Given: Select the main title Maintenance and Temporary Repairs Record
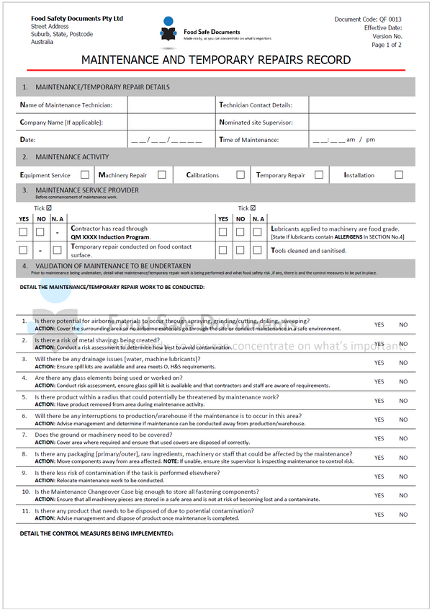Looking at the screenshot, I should click(215, 60).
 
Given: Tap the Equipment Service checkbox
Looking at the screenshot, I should click(85, 174).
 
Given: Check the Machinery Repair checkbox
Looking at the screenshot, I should click(162, 174).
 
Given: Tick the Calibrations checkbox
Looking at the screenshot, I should click(238, 174).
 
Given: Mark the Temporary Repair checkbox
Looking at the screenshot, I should click(318, 174).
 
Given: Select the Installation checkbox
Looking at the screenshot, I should click(398, 174).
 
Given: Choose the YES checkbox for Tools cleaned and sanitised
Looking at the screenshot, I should click(223, 250).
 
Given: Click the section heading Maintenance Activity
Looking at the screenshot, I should click(72, 156).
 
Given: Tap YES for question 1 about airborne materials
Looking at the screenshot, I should click(379, 325).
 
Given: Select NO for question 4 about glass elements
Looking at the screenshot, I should click(403, 382).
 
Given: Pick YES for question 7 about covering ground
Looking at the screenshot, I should click(379, 439).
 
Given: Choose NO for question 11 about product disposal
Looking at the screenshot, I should click(403, 515).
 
